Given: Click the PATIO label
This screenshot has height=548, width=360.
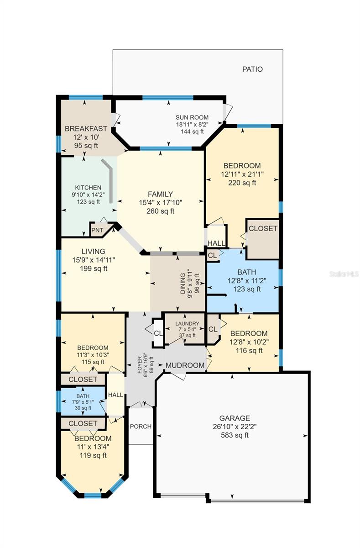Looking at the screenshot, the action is coord(252,69).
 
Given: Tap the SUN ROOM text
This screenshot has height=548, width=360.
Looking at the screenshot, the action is coord(192,117).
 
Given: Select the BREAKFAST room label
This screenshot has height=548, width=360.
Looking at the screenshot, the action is coord(86,129).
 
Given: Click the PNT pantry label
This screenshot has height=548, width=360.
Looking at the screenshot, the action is coord(97,230).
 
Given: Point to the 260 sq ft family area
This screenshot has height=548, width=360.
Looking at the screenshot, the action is coord(160,211).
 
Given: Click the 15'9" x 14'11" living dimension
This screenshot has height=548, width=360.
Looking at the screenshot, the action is coord(94,260).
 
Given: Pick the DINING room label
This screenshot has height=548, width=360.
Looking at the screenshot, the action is coord(183,283).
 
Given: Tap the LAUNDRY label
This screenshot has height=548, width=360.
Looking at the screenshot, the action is coord(187,324).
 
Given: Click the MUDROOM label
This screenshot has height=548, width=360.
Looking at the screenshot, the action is coord(185,365).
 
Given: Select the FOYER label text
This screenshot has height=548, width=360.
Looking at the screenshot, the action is coord(140,365).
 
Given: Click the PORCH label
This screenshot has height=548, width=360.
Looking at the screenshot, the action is coord(141,427).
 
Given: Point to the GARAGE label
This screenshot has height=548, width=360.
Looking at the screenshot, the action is coord(235,418).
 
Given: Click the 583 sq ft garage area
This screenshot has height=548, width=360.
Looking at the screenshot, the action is coord(235,435).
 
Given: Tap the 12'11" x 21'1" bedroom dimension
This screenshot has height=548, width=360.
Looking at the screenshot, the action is coord(242,174).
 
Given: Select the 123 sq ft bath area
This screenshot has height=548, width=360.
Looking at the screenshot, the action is coord(247,289).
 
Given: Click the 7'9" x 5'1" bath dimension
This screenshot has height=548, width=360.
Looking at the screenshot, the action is coord(83,402).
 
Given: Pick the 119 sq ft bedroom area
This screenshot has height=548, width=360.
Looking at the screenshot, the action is coord(93,455).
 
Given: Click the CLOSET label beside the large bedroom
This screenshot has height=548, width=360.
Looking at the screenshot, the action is coord(263,228).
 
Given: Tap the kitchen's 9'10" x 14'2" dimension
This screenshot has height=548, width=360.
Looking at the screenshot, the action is coord(88,195).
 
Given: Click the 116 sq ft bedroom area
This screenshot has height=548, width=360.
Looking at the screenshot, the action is coord(249,351).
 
